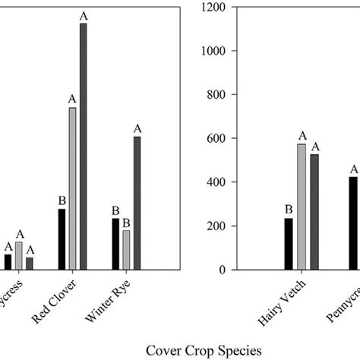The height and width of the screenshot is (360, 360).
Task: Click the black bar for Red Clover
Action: click(62, 239)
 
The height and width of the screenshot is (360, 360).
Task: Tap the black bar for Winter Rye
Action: click(115, 244)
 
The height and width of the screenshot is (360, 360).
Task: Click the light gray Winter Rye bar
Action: click(126, 250)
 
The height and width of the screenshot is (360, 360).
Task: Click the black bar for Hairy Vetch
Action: click(289, 244)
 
